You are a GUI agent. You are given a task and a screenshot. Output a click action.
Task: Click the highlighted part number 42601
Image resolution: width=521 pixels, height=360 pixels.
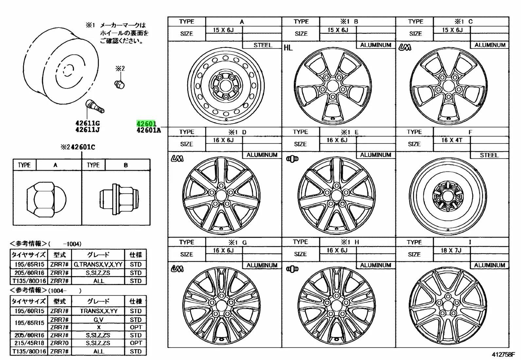pos(146,123)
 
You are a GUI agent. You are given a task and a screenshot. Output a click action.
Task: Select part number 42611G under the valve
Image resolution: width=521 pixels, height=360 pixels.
pos(87,123)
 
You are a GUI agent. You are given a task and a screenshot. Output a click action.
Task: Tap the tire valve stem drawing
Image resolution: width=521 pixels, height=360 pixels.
pos(95,107)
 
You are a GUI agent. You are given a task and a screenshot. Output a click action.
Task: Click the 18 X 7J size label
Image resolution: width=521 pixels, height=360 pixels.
pos(451,250)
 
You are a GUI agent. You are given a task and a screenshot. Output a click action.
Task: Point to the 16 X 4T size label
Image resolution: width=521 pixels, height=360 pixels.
pos(452,140)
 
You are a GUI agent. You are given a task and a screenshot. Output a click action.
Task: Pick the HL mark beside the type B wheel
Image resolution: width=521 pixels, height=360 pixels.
pos(288,48)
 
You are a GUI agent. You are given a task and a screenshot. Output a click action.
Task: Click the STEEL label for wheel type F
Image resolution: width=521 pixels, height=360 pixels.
pos(489,155)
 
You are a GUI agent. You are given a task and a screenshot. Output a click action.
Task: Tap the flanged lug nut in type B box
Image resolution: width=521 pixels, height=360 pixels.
pos(119,199)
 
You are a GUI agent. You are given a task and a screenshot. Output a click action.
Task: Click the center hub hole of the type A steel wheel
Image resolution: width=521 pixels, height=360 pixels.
pos(225,86)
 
